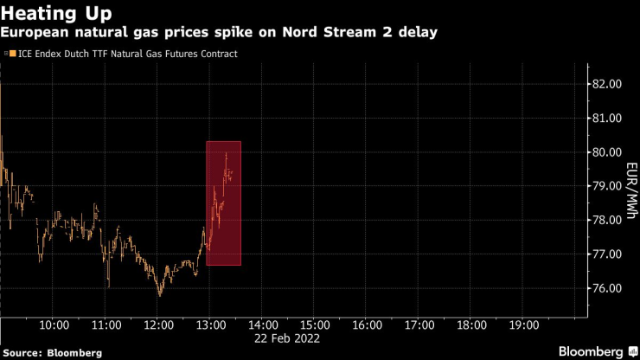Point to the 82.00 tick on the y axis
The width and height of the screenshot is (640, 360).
point(606,85)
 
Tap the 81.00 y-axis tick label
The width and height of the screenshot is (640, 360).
point(606,119)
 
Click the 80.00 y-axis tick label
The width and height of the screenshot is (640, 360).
point(606,152)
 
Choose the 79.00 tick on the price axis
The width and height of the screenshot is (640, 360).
point(606,186)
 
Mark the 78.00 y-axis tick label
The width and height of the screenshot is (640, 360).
point(606,221)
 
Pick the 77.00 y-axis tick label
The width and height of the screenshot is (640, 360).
point(606,254)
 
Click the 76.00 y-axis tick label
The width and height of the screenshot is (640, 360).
point(606,288)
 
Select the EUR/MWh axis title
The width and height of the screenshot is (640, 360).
point(632,187)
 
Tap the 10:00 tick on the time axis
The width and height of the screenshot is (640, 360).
point(54,325)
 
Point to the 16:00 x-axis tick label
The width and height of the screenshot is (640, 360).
point(368,325)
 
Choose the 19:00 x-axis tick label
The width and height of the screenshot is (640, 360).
point(524,325)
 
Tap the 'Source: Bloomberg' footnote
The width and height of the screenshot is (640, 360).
point(53,353)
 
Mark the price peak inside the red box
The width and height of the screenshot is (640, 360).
point(226,153)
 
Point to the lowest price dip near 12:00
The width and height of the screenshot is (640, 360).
point(160,295)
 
